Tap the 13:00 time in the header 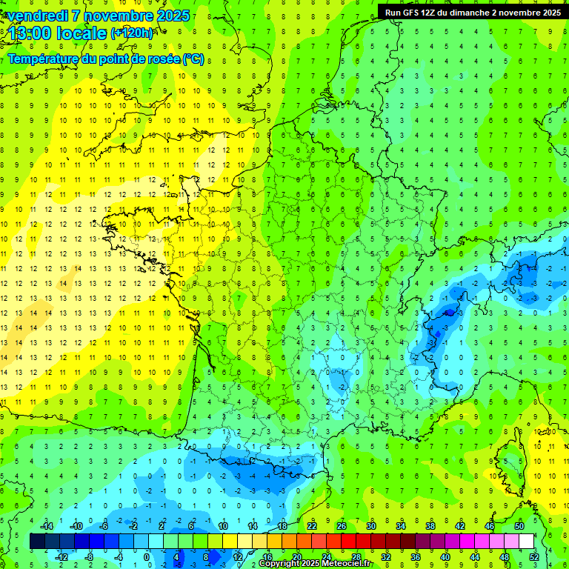point(30,33)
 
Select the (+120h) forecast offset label point(132,33)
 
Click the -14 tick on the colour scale point(46,526)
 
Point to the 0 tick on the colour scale point(147,556)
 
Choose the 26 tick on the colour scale point(342,526)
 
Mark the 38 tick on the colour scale point(430,526)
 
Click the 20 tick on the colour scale point(297,556)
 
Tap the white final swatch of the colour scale point(527,541)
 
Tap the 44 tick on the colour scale point(475,556)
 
